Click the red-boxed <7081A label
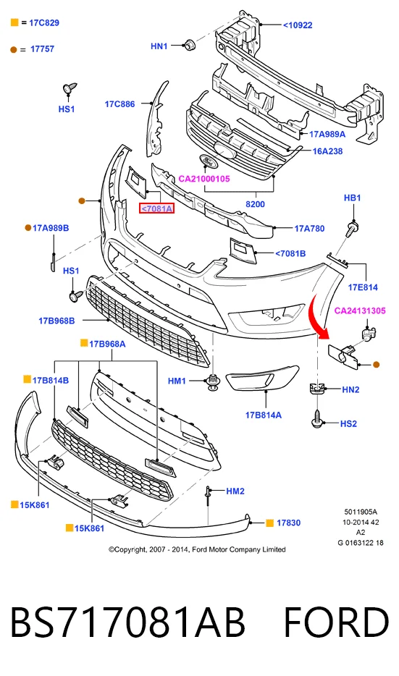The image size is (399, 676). pos(156,208)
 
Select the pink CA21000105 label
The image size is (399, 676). pos(204,179)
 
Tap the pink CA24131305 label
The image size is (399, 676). pos(360,310)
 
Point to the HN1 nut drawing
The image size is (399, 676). pos(189,44)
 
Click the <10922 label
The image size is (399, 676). pos(297,25)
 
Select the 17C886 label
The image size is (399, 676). pos(119,104)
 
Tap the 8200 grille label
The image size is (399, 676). pos(255,204)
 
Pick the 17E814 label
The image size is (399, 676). pos(363,287)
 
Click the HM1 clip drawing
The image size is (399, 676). pos(212,381)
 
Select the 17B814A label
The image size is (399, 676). pos(263,415)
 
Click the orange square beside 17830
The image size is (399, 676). pos(269,523)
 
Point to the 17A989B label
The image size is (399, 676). pos(51,228)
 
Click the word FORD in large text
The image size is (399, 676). pos(336,622)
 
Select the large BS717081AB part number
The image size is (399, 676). pos(127,622)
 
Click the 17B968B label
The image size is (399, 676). pos(56,321)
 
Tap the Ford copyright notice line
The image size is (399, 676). pos(197,549)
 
